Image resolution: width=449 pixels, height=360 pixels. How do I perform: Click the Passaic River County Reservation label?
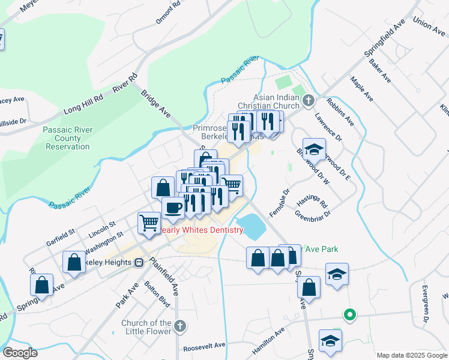pos(67,138)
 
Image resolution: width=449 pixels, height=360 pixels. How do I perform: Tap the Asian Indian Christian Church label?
pos(276,102)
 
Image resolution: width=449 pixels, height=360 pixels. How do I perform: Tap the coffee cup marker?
pos(173,208)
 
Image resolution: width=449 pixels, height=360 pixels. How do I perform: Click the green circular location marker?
pos(348,314)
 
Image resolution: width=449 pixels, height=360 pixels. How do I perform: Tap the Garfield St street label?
pos(60,240)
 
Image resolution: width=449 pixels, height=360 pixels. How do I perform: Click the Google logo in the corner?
pos(19,353)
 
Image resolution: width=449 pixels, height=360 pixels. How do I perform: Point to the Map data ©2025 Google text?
pos(412,355)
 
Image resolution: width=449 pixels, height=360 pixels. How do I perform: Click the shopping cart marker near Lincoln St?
pos(149,223)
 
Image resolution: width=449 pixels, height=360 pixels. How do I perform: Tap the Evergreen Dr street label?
pos(424,311)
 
